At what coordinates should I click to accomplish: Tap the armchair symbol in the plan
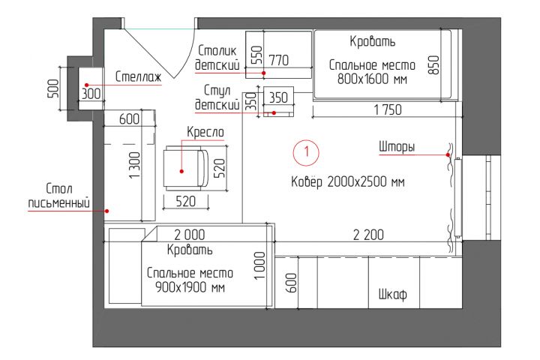tap(184, 170)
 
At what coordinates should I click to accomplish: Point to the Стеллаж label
tap(139, 76)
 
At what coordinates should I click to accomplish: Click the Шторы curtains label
tap(397, 147)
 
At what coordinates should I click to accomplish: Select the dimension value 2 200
tap(368, 235)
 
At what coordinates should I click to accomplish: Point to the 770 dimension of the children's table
tap(279, 59)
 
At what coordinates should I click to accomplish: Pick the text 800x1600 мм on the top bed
tap(372, 79)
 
